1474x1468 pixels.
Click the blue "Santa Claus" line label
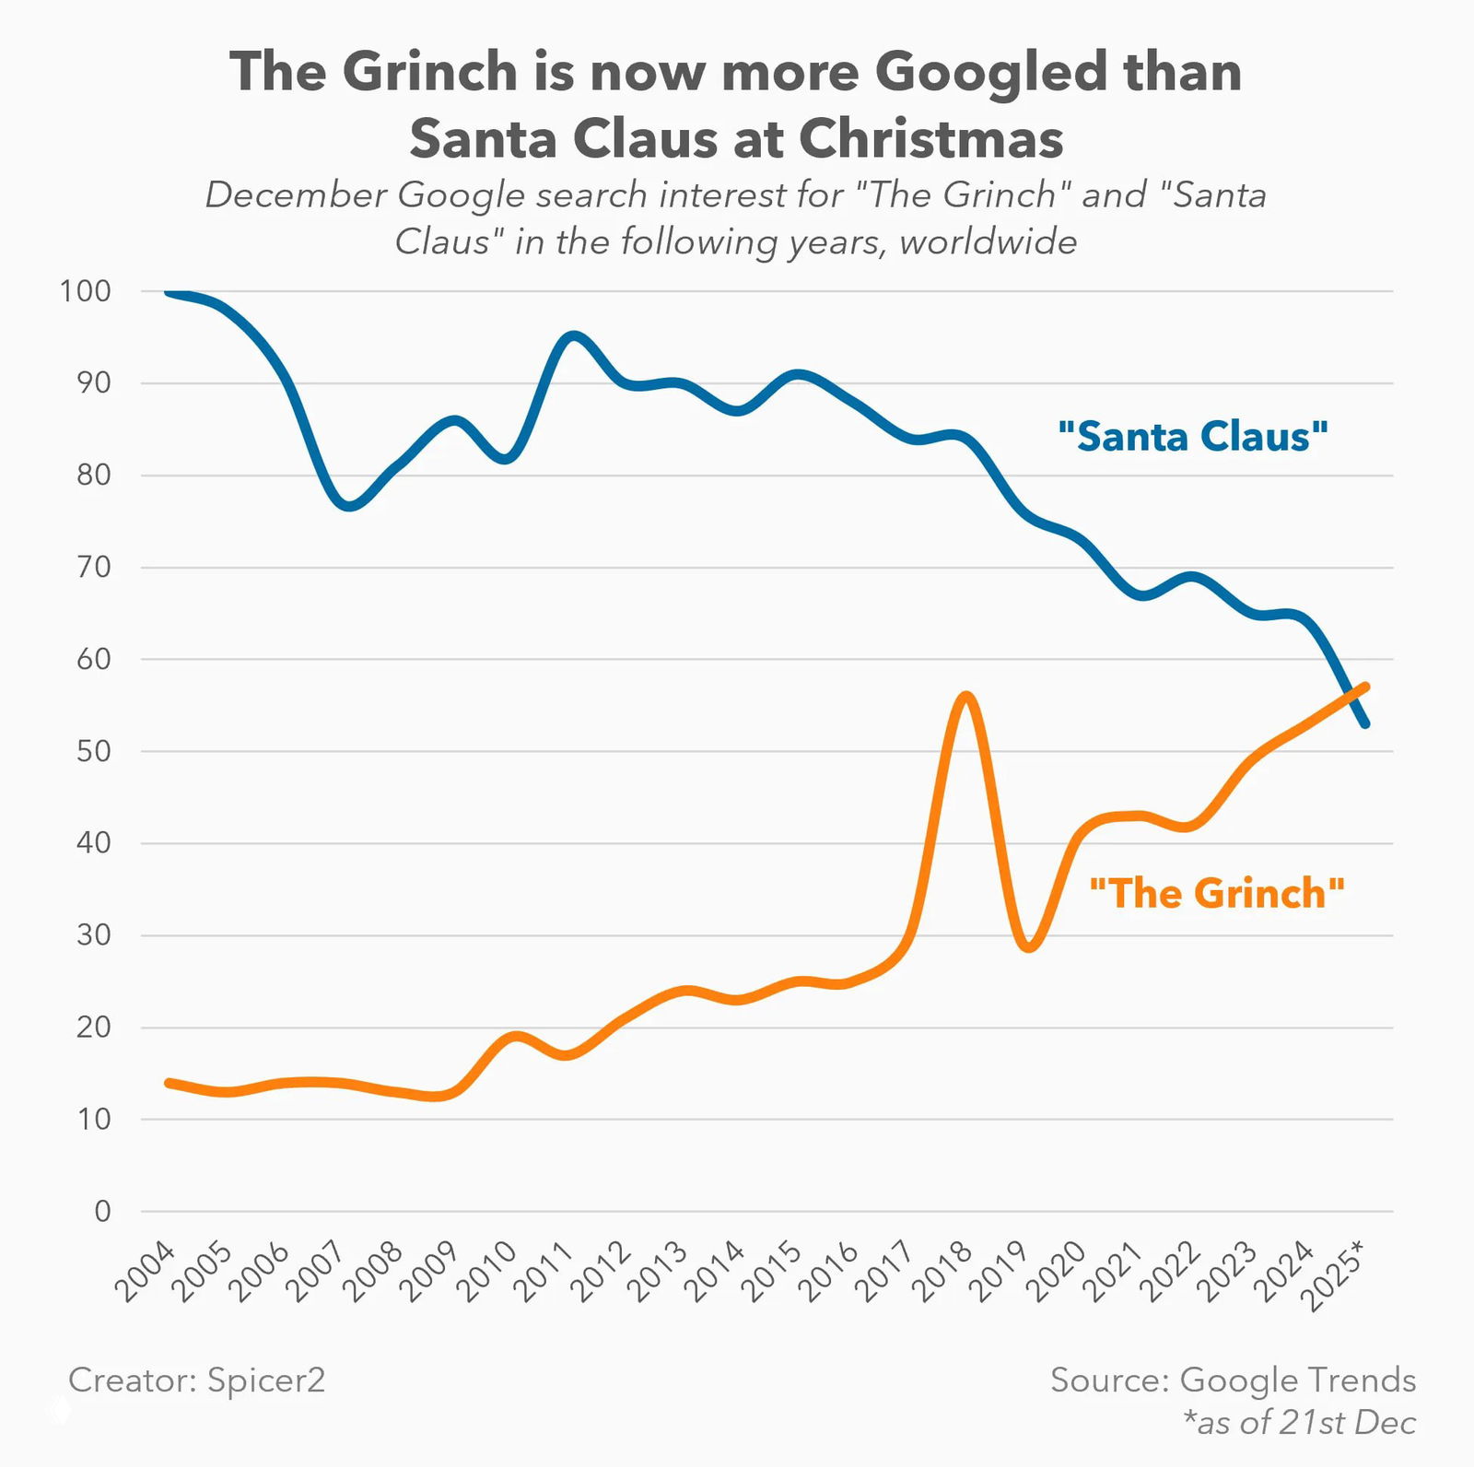pyautogui.click(x=1193, y=437)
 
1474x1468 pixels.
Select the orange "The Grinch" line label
pyautogui.click(x=1217, y=894)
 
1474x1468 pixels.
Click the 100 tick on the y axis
pyautogui.click(x=85, y=291)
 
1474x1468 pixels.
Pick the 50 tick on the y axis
pyautogui.click(x=93, y=751)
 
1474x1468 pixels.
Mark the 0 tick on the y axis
pyautogui.click(x=102, y=1211)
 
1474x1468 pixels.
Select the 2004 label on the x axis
pyautogui.click(x=145, y=1271)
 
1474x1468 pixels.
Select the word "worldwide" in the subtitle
pyautogui.click(x=988, y=241)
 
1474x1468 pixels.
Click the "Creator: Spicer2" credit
pyautogui.click(x=196, y=1380)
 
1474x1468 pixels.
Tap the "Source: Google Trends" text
pyautogui.click(x=1233, y=1380)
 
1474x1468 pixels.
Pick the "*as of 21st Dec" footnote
pyautogui.click(x=1299, y=1422)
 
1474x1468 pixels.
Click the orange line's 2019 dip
pyautogui.click(x=1030, y=946)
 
